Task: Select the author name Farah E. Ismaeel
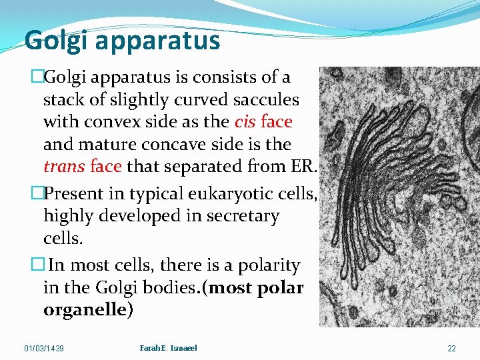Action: click(x=169, y=348)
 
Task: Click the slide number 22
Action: click(x=451, y=349)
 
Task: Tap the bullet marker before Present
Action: click(x=37, y=194)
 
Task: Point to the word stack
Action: click(x=62, y=100)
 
